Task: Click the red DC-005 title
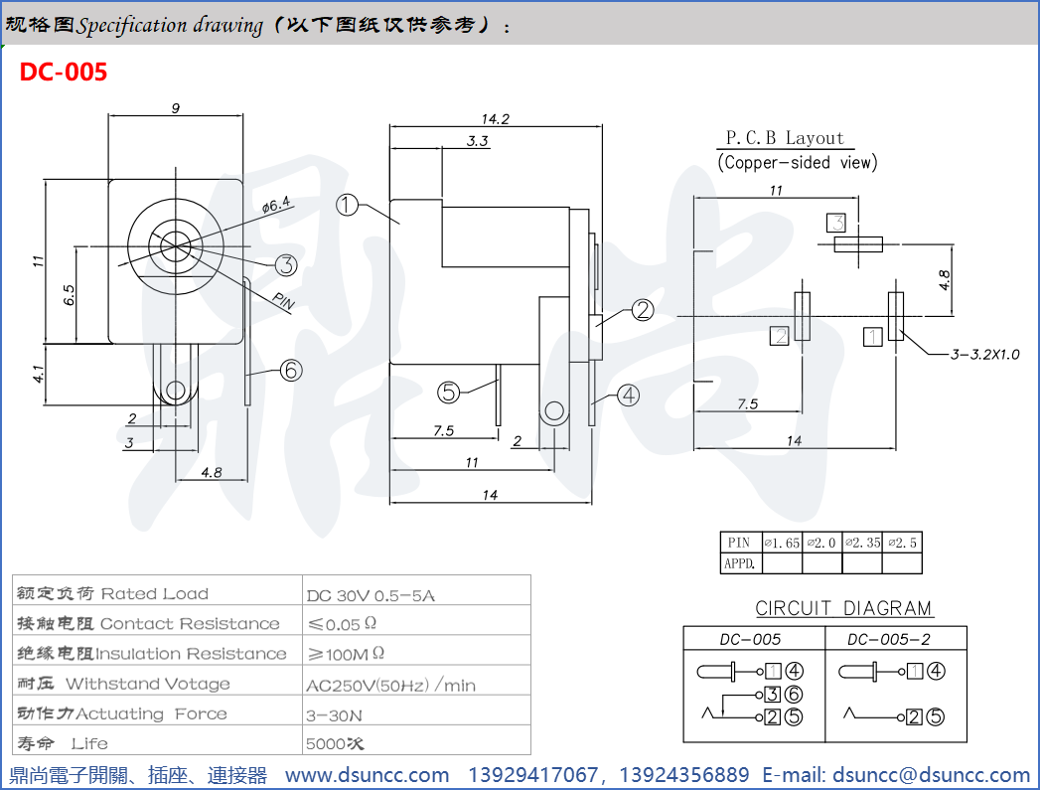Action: tap(64, 72)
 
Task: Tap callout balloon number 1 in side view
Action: tap(347, 206)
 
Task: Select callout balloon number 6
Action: tap(290, 371)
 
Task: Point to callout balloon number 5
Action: tap(449, 393)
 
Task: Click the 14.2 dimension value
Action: tap(495, 118)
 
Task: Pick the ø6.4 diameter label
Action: tap(275, 206)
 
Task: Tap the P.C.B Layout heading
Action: tap(784, 138)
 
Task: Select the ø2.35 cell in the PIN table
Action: tap(862, 543)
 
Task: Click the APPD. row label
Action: tap(740, 563)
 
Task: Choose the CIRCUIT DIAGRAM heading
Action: tap(843, 608)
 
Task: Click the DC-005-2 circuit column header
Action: tap(894, 639)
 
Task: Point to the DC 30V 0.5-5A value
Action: tap(371, 595)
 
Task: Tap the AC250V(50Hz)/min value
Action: tap(391, 685)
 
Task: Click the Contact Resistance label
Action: tap(190, 624)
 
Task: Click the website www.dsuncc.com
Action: tap(368, 775)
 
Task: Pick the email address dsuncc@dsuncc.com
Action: tap(931, 775)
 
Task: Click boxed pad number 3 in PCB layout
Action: tap(836, 223)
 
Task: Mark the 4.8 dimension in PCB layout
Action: tap(943, 279)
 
